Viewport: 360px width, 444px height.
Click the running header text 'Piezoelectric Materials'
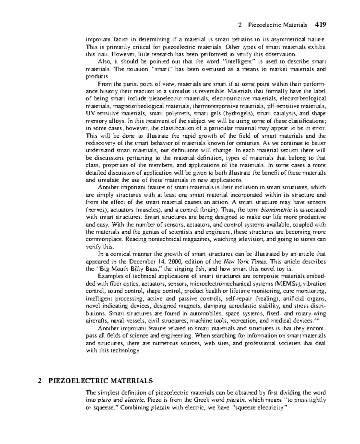tap(278, 25)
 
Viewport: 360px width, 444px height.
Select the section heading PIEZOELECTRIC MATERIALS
tap(101, 381)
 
